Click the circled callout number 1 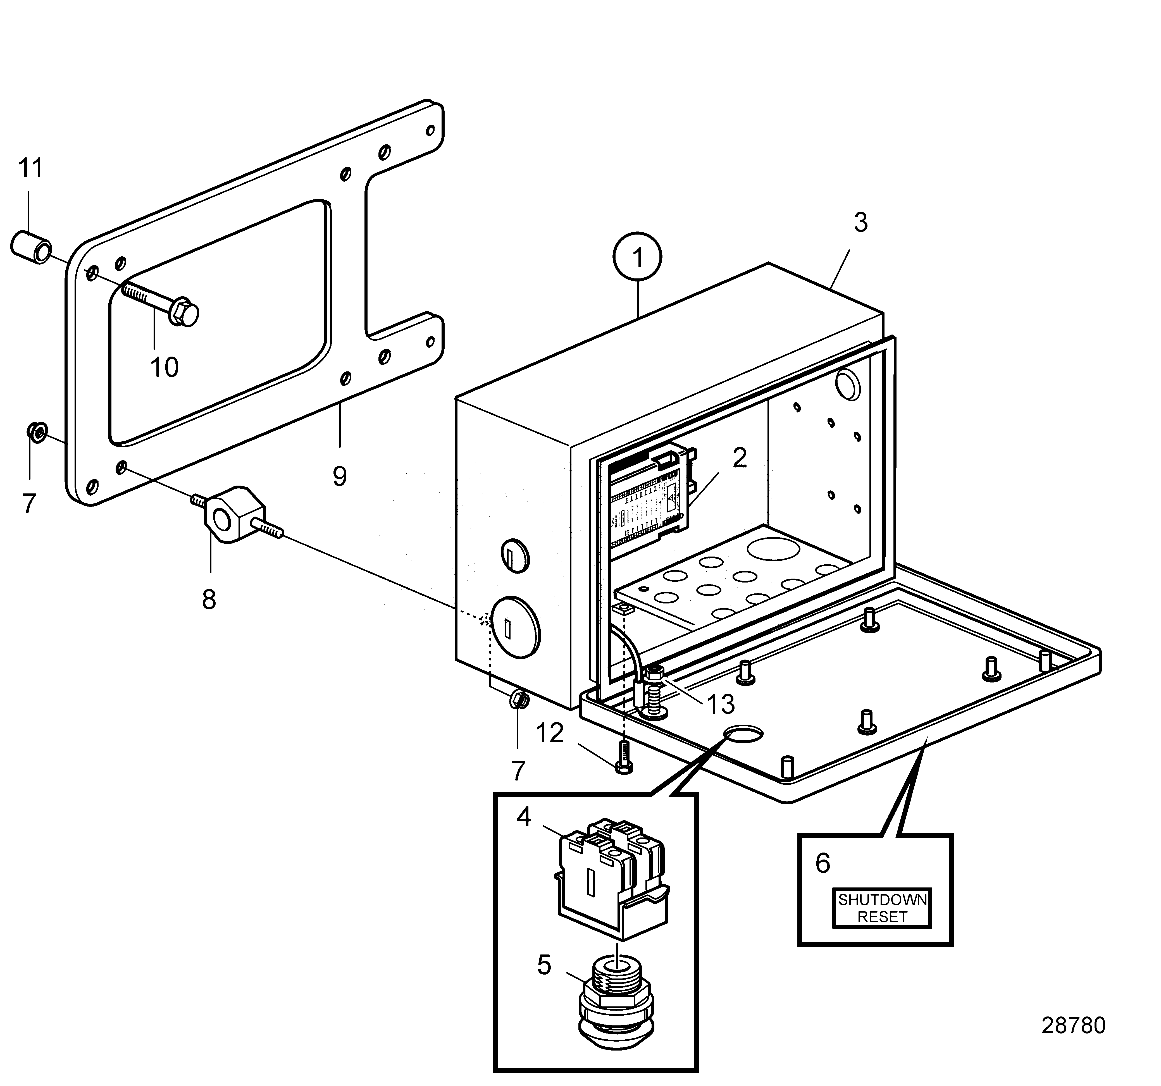tap(637, 257)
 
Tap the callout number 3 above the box tap(860, 223)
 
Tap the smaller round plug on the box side tap(515, 555)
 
